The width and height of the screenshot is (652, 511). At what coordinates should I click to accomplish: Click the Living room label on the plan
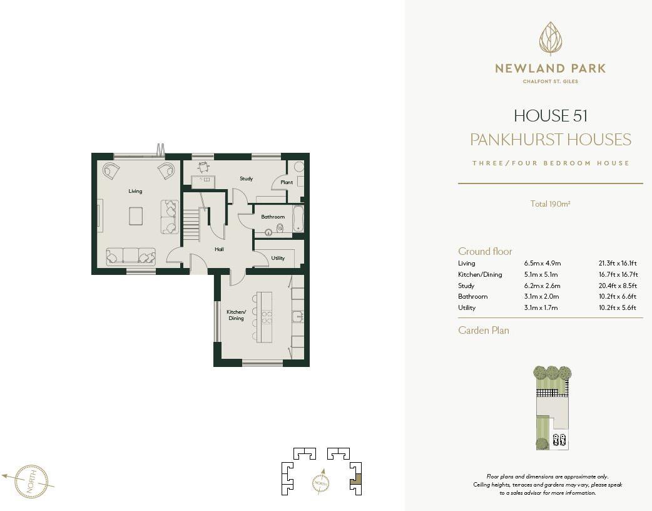(135, 191)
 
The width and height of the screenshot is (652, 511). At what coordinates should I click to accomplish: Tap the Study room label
(246, 178)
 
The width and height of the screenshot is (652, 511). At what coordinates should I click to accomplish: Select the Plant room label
(287, 182)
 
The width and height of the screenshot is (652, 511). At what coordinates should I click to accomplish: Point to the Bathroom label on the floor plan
(273, 217)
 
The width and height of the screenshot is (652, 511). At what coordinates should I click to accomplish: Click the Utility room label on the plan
(278, 258)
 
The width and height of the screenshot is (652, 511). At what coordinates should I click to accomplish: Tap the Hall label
(219, 249)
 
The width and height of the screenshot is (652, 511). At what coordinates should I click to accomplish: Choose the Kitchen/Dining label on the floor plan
(236, 315)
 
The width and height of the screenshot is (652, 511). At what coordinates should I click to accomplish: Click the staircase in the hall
(191, 224)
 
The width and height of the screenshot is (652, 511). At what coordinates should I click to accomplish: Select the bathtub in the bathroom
(298, 219)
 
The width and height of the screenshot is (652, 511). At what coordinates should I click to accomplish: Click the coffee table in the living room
(136, 215)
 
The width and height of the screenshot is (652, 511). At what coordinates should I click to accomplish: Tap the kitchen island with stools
(265, 316)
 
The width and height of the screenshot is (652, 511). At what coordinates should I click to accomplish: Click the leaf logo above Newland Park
(551, 39)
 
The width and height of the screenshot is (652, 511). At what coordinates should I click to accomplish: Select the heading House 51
(551, 116)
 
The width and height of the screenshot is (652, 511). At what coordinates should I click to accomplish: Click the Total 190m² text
(550, 204)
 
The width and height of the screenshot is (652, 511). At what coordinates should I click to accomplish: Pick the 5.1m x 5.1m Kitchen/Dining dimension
(541, 274)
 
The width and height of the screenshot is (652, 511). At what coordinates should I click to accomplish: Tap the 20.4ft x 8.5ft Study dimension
(618, 286)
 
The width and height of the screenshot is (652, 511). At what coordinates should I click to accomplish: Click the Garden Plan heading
(484, 330)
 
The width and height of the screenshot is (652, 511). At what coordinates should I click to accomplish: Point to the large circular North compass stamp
(31, 481)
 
